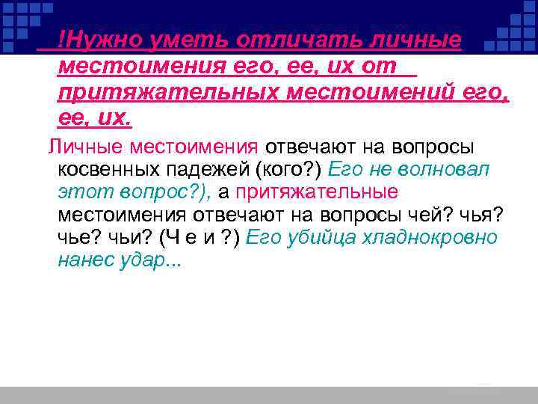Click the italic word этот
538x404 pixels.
79,192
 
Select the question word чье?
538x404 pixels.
80,238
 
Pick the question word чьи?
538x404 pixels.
132,238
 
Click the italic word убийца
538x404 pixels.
324,238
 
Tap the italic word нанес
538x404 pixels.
84,261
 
